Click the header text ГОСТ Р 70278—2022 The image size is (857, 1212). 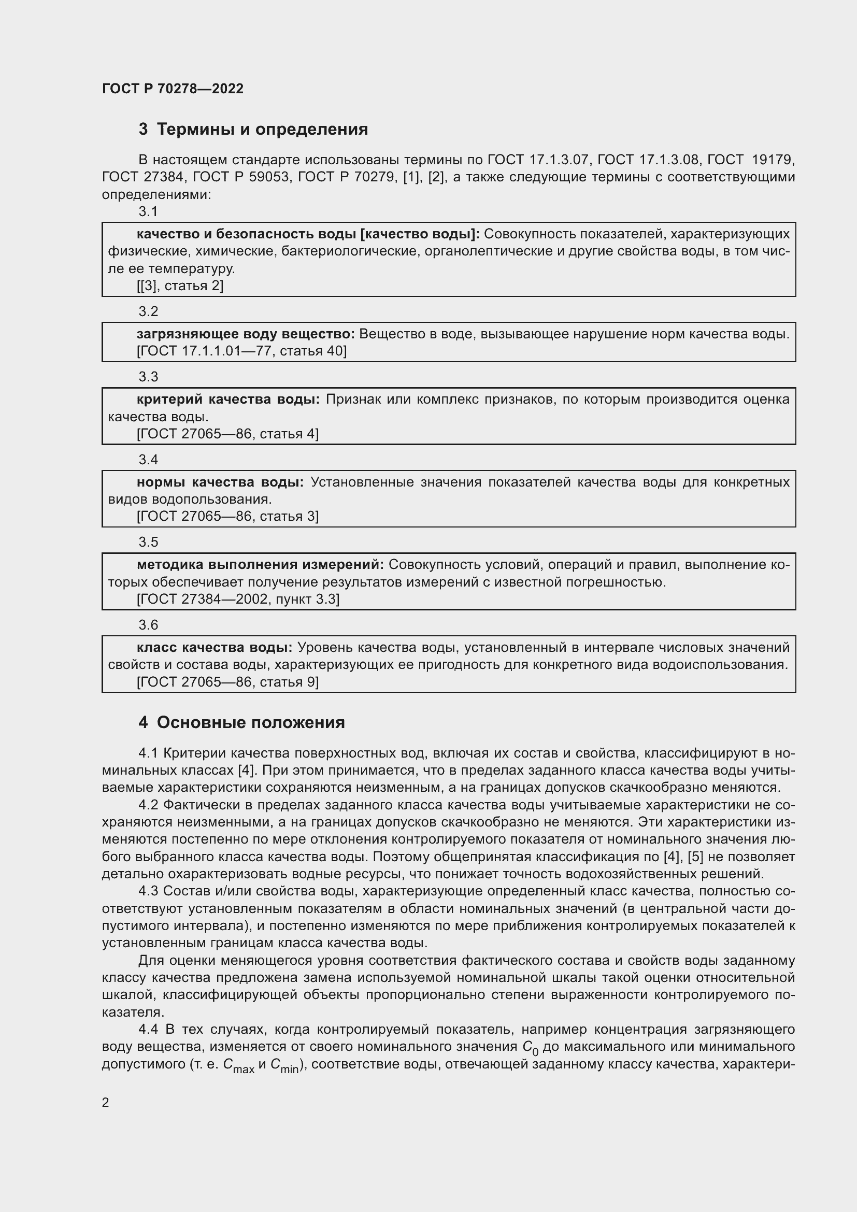coord(173,89)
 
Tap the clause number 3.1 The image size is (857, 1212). coord(148,212)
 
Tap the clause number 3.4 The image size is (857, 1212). coord(148,460)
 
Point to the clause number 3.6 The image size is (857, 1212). coord(148,625)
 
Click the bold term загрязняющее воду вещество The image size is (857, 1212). coord(246,334)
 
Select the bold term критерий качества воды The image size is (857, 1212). coord(228,400)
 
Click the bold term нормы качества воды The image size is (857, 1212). coord(220,482)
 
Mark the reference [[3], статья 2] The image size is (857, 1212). coord(180,286)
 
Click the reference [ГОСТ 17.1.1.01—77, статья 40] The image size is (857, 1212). coord(241,351)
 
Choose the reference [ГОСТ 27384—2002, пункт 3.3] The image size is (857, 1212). coord(238,599)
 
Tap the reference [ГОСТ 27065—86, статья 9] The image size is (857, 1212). coord(227,682)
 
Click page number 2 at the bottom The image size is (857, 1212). coord(106,1103)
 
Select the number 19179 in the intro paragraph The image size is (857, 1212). coord(773,160)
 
